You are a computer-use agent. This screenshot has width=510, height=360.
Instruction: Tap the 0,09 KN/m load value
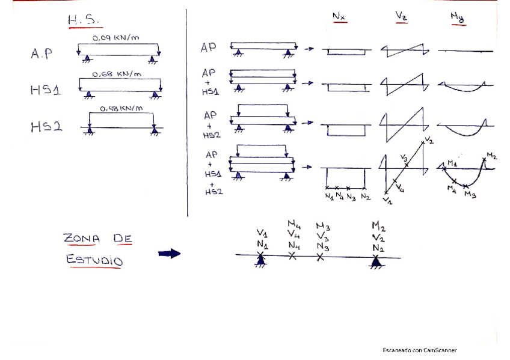tap(117, 38)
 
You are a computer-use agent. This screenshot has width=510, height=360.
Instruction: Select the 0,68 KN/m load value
tap(117, 74)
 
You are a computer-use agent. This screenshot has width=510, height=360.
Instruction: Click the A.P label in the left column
tap(41, 54)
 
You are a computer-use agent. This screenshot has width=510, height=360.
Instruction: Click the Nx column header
tap(339, 18)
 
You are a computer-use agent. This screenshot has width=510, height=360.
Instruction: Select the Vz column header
tap(401, 18)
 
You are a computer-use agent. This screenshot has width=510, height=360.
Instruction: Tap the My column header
tap(457, 18)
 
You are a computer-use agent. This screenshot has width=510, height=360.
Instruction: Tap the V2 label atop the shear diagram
tap(428, 140)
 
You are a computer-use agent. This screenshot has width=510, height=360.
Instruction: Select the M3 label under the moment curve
tap(470, 195)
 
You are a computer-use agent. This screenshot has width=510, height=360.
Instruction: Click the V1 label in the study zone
tap(262, 233)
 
